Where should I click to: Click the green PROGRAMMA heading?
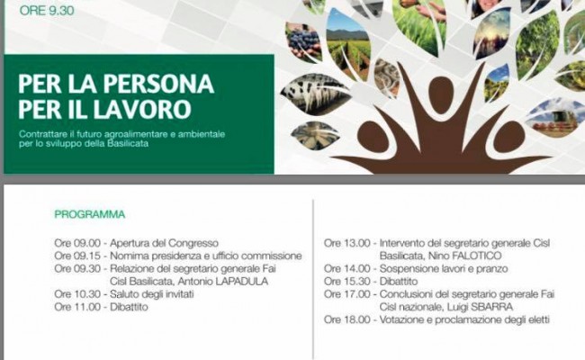(89, 214)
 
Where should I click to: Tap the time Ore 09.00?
(77, 243)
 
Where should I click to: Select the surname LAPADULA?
(242, 282)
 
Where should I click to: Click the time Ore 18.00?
(347, 319)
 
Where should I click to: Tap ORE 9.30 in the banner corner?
(47, 11)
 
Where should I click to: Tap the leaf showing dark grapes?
(302, 41)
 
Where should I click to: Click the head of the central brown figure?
(441, 94)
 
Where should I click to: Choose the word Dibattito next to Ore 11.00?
(129, 307)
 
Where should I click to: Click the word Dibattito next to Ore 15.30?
(399, 282)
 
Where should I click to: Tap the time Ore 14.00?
(347, 268)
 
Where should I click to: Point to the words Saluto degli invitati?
(152, 294)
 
